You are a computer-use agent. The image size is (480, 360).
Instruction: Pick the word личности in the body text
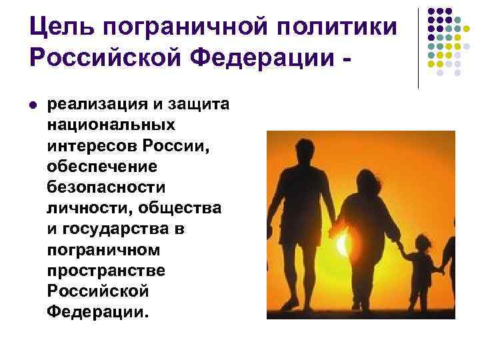89,209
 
